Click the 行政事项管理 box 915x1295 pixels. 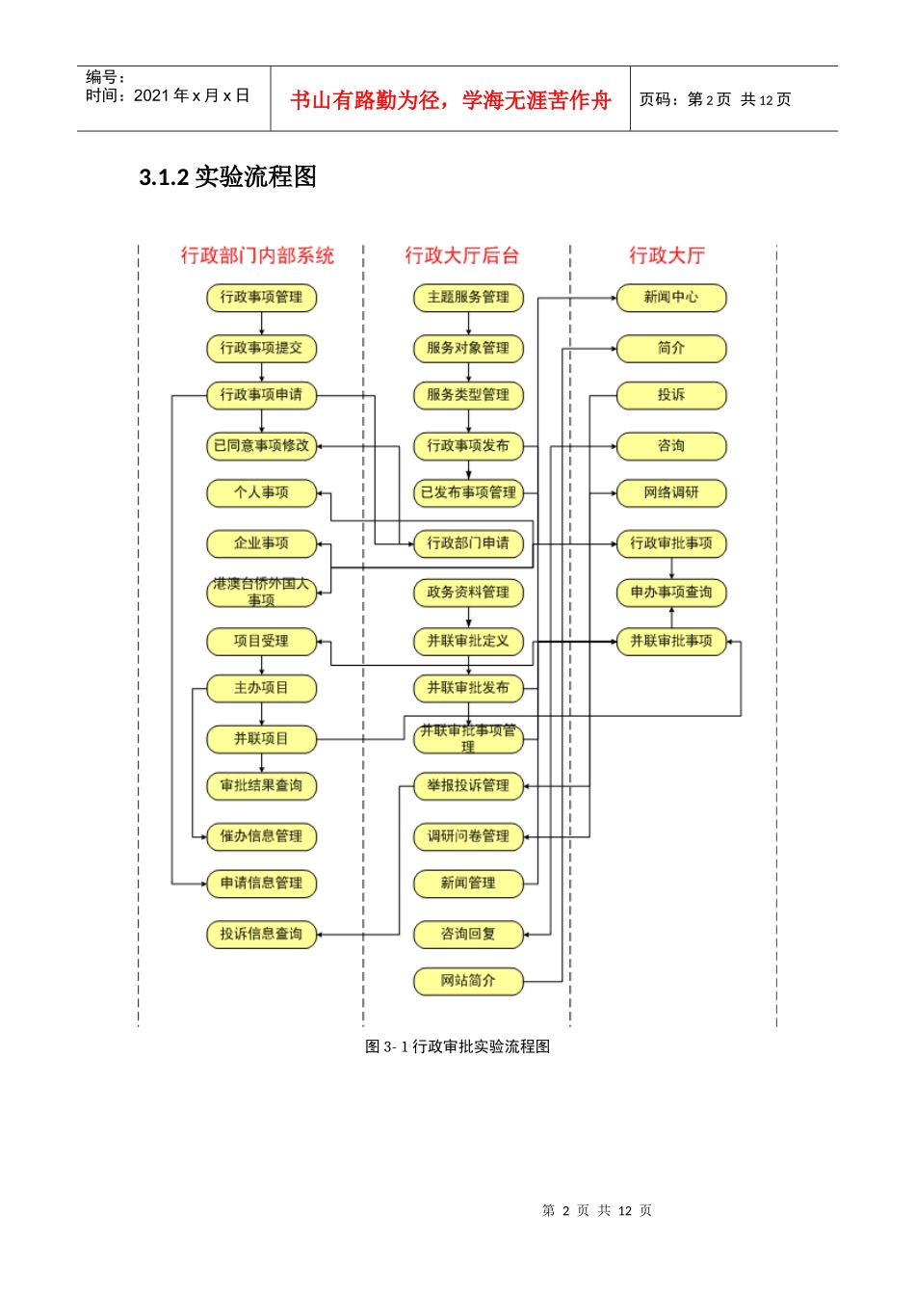click(x=261, y=297)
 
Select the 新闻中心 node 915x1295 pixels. click(x=670, y=297)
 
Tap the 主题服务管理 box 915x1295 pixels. click(x=468, y=297)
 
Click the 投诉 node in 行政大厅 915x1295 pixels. click(x=670, y=394)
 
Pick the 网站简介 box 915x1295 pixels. click(x=468, y=981)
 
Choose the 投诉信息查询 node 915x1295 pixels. click(x=261, y=934)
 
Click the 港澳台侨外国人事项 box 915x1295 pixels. click(x=261, y=592)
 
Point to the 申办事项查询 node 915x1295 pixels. click(x=670, y=592)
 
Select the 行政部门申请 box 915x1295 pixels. click(x=468, y=543)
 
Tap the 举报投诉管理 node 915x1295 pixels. click(x=468, y=785)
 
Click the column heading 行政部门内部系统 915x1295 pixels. click(x=257, y=255)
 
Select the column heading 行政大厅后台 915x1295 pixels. click(x=462, y=255)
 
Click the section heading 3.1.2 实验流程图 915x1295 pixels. click(x=228, y=177)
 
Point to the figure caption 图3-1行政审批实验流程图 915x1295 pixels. click(x=457, y=1046)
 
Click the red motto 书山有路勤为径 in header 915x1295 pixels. click(x=450, y=100)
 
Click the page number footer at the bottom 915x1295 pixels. click(x=597, y=1210)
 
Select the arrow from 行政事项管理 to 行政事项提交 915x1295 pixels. click(x=261, y=324)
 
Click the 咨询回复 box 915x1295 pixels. click(x=468, y=934)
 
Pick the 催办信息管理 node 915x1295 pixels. click(x=261, y=835)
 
